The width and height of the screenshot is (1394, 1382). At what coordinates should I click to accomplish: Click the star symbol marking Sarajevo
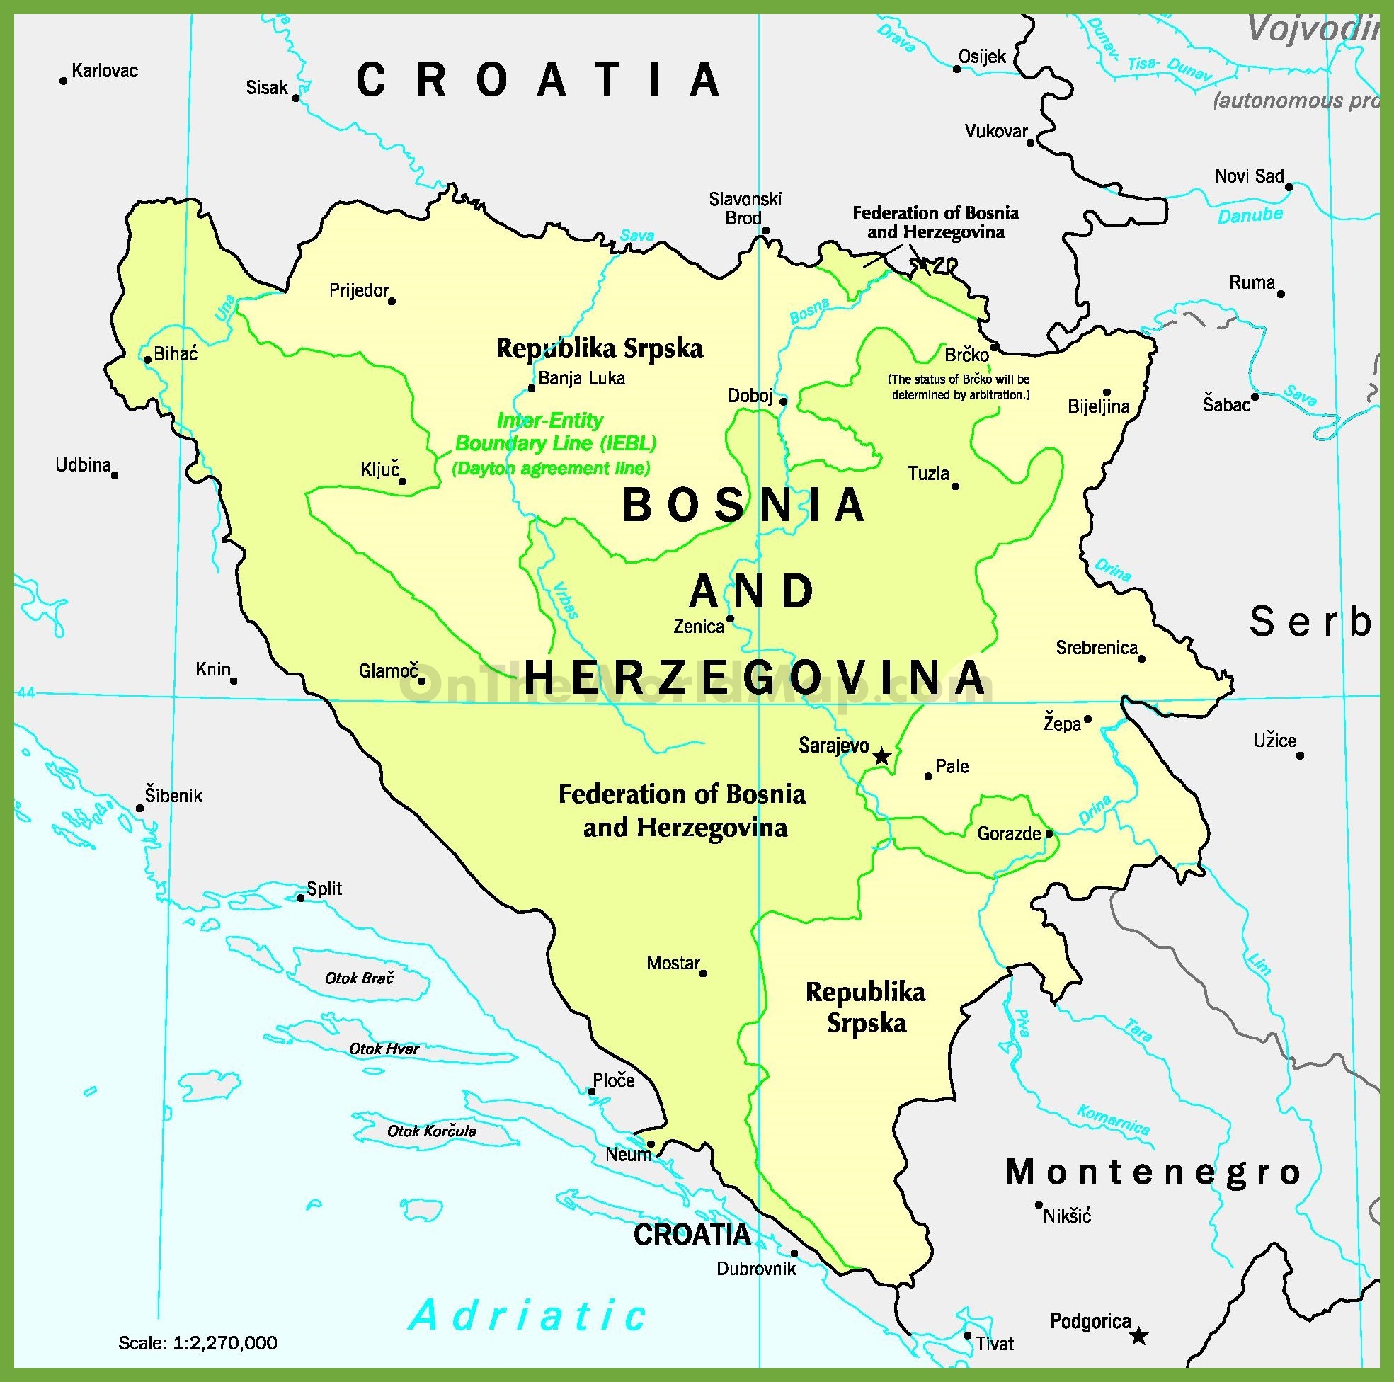[881, 756]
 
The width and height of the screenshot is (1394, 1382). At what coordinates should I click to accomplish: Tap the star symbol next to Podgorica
[1138, 1336]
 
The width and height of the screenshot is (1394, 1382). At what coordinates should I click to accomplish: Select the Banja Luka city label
[581, 378]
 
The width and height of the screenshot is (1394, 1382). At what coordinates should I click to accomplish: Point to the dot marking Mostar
[704, 973]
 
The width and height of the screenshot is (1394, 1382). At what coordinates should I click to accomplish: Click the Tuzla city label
[928, 474]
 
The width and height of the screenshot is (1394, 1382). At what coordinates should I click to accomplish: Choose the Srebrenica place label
[1096, 647]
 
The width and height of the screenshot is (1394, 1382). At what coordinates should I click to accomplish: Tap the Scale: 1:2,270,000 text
[198, 1342]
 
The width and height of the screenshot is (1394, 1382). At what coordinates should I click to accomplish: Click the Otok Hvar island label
[384, 1049]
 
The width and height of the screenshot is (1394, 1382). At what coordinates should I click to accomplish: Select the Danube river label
[1250, 215]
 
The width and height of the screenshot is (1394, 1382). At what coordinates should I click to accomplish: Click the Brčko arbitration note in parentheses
[959, 387]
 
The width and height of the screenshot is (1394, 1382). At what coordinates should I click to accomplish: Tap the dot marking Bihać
[147, 360]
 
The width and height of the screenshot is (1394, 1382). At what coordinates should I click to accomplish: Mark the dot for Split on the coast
[301, 898]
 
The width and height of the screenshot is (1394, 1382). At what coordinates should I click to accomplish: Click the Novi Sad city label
[1248, 176]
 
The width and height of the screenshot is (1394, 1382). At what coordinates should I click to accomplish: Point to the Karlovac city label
[105, 71]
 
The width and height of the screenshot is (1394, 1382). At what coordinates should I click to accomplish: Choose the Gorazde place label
[1009, 833]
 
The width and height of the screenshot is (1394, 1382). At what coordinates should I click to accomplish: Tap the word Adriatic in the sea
[528, 1314]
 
